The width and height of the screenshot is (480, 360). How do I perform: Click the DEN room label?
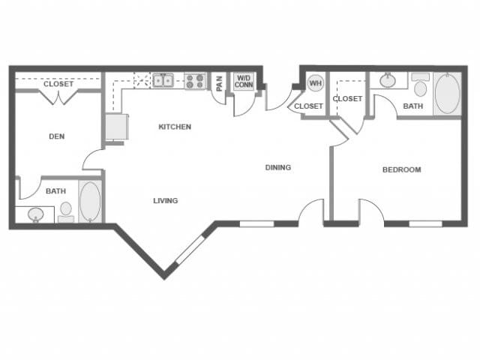56,136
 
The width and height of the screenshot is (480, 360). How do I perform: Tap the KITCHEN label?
175,127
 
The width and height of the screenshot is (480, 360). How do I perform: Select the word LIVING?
165,200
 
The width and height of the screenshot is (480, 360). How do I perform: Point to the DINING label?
277,167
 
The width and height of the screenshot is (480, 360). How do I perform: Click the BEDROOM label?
401,169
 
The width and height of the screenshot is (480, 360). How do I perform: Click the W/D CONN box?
244,81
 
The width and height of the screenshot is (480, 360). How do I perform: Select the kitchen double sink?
163,79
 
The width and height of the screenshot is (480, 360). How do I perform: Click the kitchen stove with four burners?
195,80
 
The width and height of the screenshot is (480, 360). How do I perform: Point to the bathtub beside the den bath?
89,200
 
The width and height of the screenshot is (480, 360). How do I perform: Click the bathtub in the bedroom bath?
446,93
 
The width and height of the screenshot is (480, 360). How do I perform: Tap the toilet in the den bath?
66,210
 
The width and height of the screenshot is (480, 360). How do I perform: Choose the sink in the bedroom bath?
388,79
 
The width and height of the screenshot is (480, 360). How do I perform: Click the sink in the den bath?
36,215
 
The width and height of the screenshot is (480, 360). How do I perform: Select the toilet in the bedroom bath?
420,86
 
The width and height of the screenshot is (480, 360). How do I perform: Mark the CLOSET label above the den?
58,84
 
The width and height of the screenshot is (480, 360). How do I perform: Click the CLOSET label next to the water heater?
308,106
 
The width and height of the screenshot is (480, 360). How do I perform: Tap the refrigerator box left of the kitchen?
114,127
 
